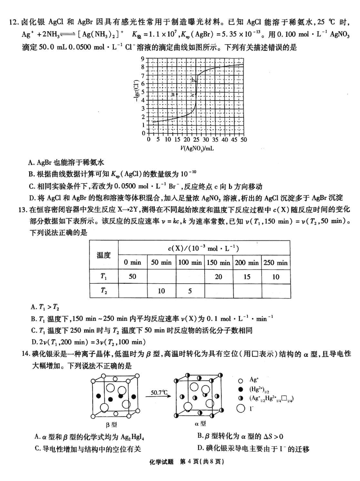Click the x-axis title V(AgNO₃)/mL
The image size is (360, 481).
pos(197,149)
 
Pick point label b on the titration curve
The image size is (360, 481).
pos(193,80)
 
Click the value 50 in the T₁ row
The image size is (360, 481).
pos(132,276)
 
